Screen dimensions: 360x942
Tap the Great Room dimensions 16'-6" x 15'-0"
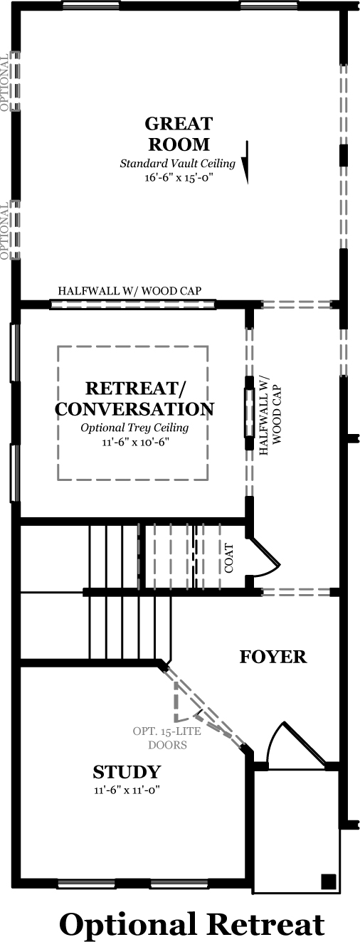(x=177, y=177)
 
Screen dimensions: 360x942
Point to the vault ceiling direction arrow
(x=246, y=162)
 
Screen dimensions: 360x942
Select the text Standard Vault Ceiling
(x=177, y=163)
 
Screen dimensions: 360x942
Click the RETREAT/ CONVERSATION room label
(x=134, y=398)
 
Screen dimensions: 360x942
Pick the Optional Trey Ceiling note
(x=134, y=428)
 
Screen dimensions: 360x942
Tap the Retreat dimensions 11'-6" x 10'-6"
(x=134, y=442)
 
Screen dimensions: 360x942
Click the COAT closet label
(x=229, y=558)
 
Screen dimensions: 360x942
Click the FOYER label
(x=273, y=657)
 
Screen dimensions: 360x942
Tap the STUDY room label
(x=127, y=772)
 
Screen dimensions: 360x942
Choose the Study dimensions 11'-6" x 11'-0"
(x=127, y=790)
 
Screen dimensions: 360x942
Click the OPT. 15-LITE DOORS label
(x=167, y=738)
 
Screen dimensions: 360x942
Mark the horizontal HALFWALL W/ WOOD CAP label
(x=129, y=290)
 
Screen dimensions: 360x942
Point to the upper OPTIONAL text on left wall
(x=4, y=83)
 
